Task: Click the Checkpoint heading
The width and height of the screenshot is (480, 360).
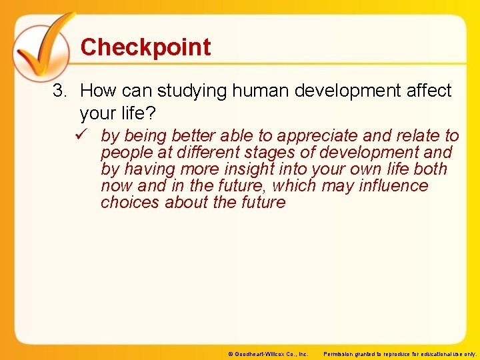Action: point(145,47)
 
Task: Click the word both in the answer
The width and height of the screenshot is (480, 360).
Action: point(431,169)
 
